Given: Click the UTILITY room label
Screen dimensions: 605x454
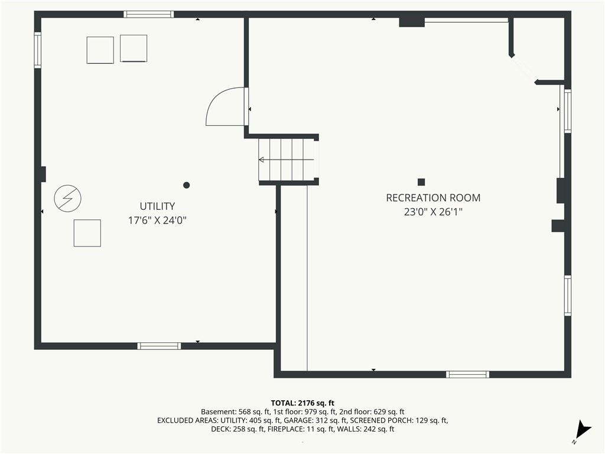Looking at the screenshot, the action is [x=157, y=206].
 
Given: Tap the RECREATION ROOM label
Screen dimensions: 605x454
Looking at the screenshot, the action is [x=433, y=198].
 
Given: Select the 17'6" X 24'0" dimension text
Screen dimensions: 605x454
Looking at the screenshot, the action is [x=157, y=220].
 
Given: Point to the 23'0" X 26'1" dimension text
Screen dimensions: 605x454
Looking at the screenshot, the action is [x=433, y=212].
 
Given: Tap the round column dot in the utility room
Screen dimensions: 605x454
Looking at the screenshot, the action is [x=186, y=185].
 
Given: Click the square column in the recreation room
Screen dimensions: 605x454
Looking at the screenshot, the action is [x=421, y=182].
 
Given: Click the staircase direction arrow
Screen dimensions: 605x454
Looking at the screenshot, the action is [x=287, y=160].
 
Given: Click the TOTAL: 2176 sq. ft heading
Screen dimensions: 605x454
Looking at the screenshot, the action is [x=302, y=403].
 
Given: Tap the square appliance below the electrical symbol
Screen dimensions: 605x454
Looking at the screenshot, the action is [x=87, y=233].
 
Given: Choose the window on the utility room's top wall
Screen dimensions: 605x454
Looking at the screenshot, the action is [x=148, y=15].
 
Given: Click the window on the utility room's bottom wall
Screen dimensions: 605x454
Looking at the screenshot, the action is [x=159, y=346].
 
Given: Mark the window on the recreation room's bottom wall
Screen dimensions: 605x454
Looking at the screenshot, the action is [x=468, y=374].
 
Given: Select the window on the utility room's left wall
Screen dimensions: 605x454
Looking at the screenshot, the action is [x=38, y=50].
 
